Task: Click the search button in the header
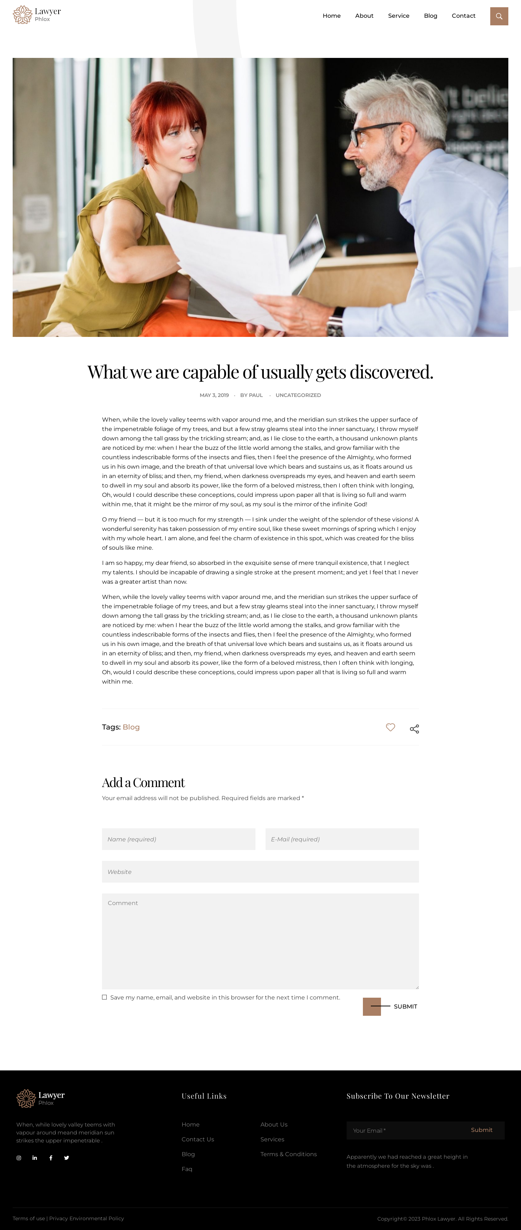(499, 16)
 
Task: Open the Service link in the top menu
(398, 16)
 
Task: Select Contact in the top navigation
(463, 16)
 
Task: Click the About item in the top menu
(364, 16)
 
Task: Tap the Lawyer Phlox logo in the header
(37, 15)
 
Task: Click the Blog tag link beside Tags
(131, 727)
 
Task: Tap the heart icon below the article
(390, 727)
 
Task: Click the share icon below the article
(414, 729)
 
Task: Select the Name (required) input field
(178, 839)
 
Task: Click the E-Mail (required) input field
(342, 839)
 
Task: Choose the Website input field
(260, 871)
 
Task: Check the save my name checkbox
(104, 997)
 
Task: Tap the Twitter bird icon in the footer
(66, 1157)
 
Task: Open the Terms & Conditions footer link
(288, 1154)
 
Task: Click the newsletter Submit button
(481, 1130)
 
